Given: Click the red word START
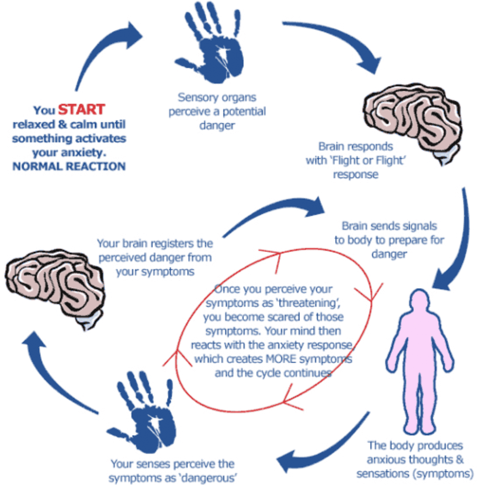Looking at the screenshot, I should (x=81, y=110).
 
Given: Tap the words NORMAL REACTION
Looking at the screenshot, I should (x=69, y=167).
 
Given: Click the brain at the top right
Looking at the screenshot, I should (x=412, y=121).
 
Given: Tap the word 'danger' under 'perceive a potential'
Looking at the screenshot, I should (x=217, y=126).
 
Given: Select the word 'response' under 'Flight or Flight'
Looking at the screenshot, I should (x=356, y=175).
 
